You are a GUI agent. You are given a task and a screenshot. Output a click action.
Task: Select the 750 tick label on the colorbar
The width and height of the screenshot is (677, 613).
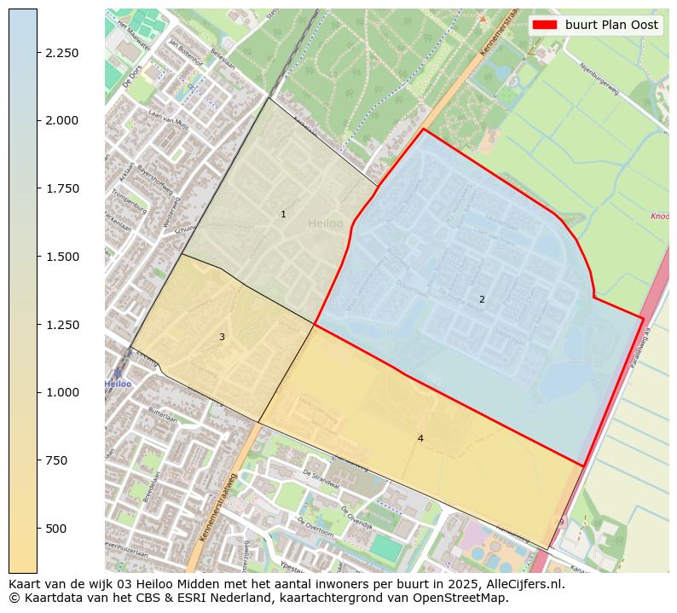(x=57, y=460)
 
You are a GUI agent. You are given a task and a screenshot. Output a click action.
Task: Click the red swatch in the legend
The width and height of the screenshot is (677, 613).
(x=545, y=25)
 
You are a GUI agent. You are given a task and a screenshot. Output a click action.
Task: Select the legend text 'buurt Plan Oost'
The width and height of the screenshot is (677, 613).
(x=611, y=25)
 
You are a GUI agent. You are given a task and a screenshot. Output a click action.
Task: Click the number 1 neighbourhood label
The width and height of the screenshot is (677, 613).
(x=284, y=214)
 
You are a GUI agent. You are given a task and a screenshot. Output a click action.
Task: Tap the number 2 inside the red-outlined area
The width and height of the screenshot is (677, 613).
(x=482, y=299)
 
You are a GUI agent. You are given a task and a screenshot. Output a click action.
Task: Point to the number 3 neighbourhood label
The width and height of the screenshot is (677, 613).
(x=222, y=337)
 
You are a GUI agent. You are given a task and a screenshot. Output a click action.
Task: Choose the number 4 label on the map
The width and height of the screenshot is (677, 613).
(x=420, y=438)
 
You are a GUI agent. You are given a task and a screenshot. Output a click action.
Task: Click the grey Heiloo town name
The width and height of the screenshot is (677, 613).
(x=325, y=223)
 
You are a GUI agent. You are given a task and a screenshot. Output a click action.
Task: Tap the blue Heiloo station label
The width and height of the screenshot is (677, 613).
(x=119, y=385)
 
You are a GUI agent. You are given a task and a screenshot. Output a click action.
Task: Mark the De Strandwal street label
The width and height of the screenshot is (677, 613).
(x=321, y=476)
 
